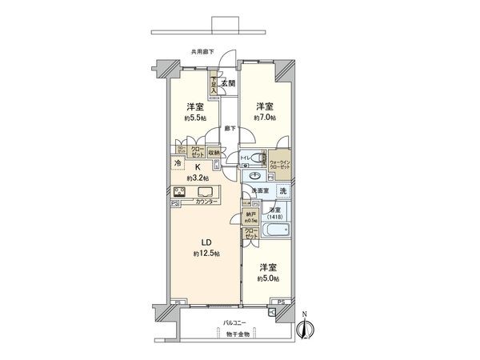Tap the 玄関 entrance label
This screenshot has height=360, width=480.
(228, 82)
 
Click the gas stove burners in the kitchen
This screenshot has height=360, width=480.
(180, 192)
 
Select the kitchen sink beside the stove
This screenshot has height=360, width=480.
(206, 193)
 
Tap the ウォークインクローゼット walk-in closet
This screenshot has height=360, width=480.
(280, 164)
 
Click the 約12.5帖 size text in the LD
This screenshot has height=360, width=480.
(202, 254)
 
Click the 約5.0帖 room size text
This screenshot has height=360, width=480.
(268, 279)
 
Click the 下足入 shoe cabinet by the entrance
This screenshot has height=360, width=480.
(214, 83)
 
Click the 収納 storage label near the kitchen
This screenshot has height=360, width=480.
(214, 152)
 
